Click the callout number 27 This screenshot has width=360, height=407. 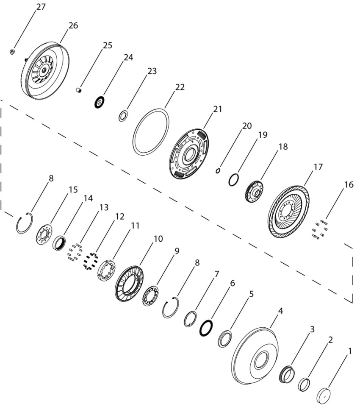(41, 7)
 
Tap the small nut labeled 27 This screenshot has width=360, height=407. (12, 52)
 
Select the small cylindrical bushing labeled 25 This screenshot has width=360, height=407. (79, 90)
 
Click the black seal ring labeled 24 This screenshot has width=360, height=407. (99, 102)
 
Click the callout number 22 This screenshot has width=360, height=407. (180, 87)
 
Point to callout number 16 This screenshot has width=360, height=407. (349, 184)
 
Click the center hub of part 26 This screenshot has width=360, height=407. (44, 70)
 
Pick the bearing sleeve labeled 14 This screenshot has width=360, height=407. (59, 243)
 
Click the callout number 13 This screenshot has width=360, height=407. (104, 207)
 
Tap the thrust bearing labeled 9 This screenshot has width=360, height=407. (150, 295)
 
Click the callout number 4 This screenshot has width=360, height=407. (280, 311)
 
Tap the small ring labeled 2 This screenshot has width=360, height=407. (304, 385)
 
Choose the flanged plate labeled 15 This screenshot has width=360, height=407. (44, 234)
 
